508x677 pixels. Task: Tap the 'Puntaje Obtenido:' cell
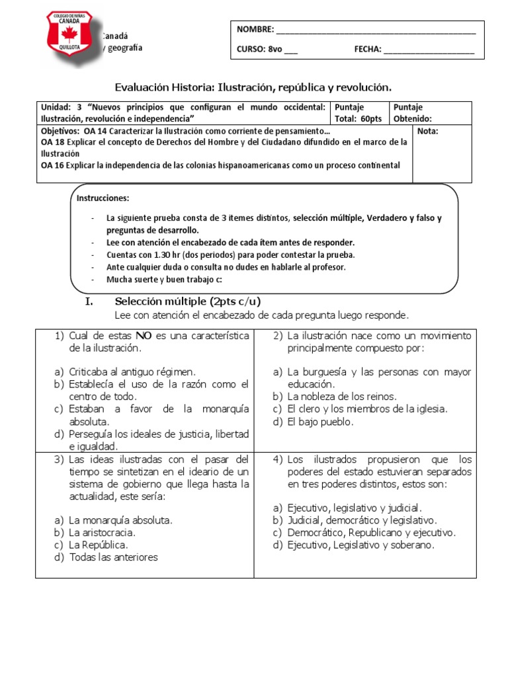[413, 113]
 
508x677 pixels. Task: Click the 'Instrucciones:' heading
[103, 198]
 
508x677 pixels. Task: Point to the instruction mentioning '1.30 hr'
[231, 255]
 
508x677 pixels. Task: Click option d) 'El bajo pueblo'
[320, 421]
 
